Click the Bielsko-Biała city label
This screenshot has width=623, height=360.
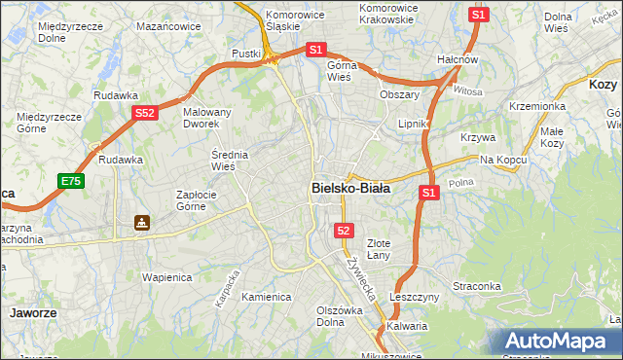coord(350,189)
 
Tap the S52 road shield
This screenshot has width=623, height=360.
coord(145,114)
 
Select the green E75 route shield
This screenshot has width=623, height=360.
coord(70,181)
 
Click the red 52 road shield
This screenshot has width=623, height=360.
coord(344,230)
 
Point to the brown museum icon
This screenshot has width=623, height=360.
coord(142,223)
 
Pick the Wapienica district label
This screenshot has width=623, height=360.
coord(165,276)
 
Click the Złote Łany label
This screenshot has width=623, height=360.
coord(384,249)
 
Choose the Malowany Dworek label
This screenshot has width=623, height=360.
coord(207,119)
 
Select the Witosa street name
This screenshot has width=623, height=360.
coord(467,91)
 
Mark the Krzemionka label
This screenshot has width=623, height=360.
coord(537,106)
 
